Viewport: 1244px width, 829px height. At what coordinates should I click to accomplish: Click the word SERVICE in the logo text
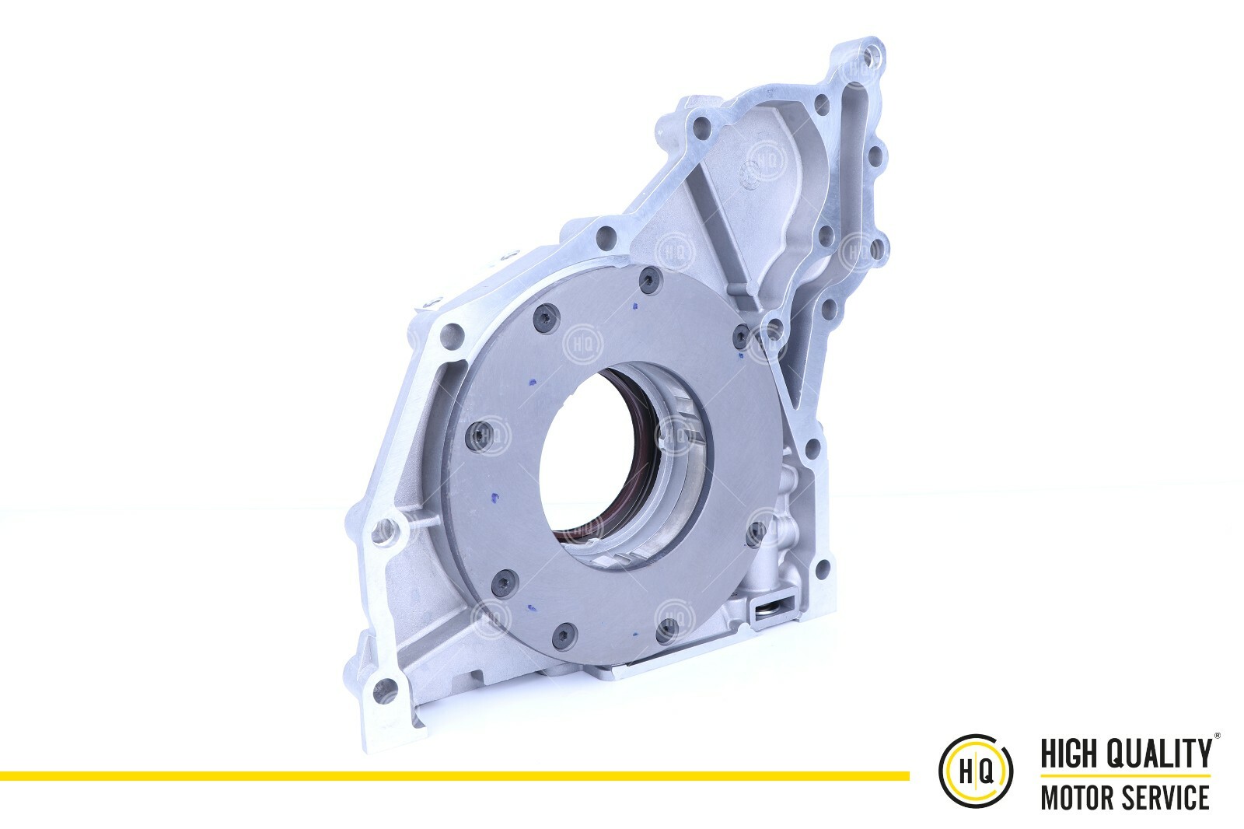point(1169,797)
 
